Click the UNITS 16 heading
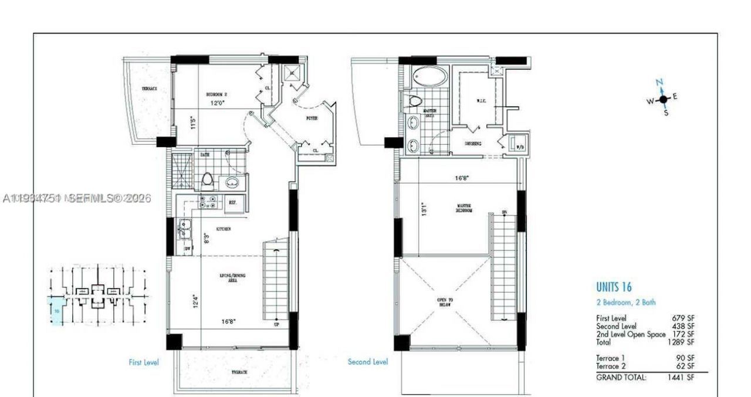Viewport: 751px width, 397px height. tap(614, 287)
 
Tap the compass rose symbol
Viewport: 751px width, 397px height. tap(663, 99)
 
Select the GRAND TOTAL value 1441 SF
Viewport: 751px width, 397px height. tap(682, 378)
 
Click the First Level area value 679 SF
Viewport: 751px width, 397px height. tap(684, 318)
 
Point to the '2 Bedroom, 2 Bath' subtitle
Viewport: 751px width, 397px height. tap(626, 303)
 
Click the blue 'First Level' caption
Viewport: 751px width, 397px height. tap(144, 362)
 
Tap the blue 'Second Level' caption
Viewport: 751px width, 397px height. tap(368, 362)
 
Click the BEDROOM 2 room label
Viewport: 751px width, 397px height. tap(216, 94)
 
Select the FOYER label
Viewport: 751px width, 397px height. tap(311, 118)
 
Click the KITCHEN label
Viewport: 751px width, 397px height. tap(222, 229)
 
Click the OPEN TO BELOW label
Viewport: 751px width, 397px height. tap(445, 302)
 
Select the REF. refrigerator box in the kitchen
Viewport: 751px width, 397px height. tap(233, 202)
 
